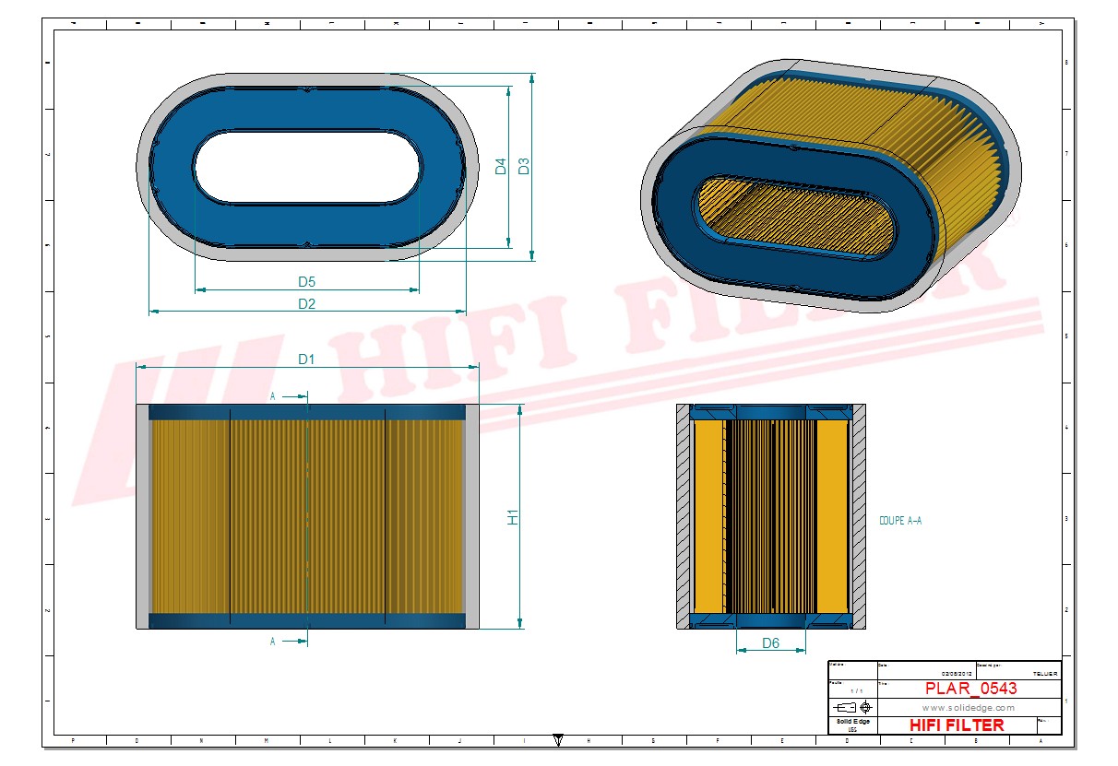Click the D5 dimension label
[306, 281]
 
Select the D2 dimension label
[306, 304]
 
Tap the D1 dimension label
[306, 359]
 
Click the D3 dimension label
[523, 167]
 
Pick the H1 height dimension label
[514, 517]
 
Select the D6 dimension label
[770, 642]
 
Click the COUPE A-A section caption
[900, 521]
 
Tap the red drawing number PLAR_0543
[970, 689]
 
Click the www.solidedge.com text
[969, 707]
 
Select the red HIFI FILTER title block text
[956, 725]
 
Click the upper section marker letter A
[273, 395]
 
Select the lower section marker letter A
[273, 642]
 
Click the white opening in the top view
[307, 167]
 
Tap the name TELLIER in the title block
[1045, 675]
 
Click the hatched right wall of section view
[857, 516]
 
